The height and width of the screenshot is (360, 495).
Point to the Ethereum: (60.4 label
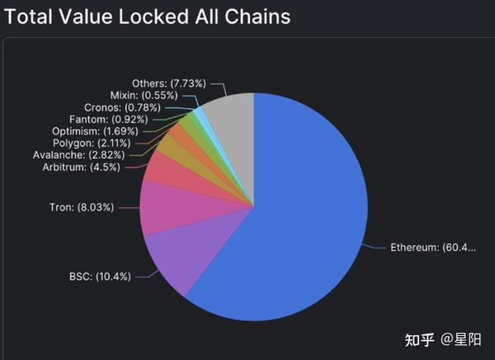tap(433, 247)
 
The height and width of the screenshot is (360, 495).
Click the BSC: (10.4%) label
tap(100, 276)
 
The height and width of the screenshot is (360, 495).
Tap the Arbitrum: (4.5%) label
tap(81, 167)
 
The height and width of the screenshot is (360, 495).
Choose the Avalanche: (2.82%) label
tap(81, 154)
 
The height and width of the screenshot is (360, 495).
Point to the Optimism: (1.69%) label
tap(88, 130)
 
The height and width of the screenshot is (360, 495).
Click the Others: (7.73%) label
tap(170, 83)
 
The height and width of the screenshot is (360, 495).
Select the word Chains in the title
tap(257, 16)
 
